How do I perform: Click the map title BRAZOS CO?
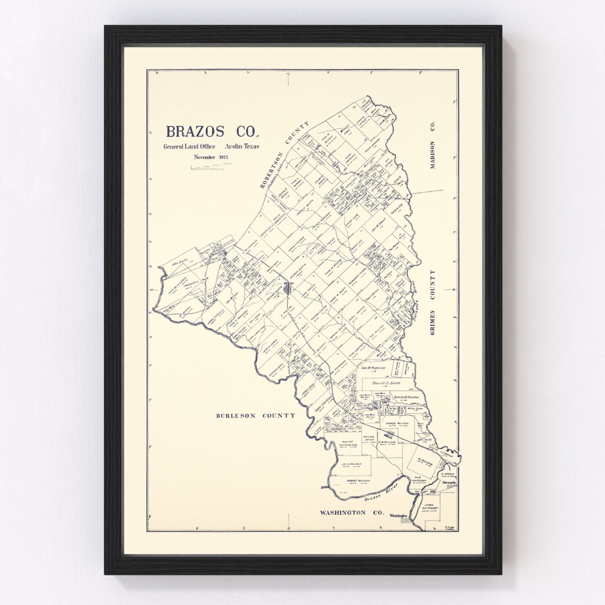click(212, 132)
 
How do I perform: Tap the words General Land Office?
click(189, 147)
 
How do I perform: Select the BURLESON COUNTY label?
click(256, 416)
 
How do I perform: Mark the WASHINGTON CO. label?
click(351, 513)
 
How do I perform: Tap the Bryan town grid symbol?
click(288, 286)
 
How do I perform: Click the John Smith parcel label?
click(180, 260)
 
